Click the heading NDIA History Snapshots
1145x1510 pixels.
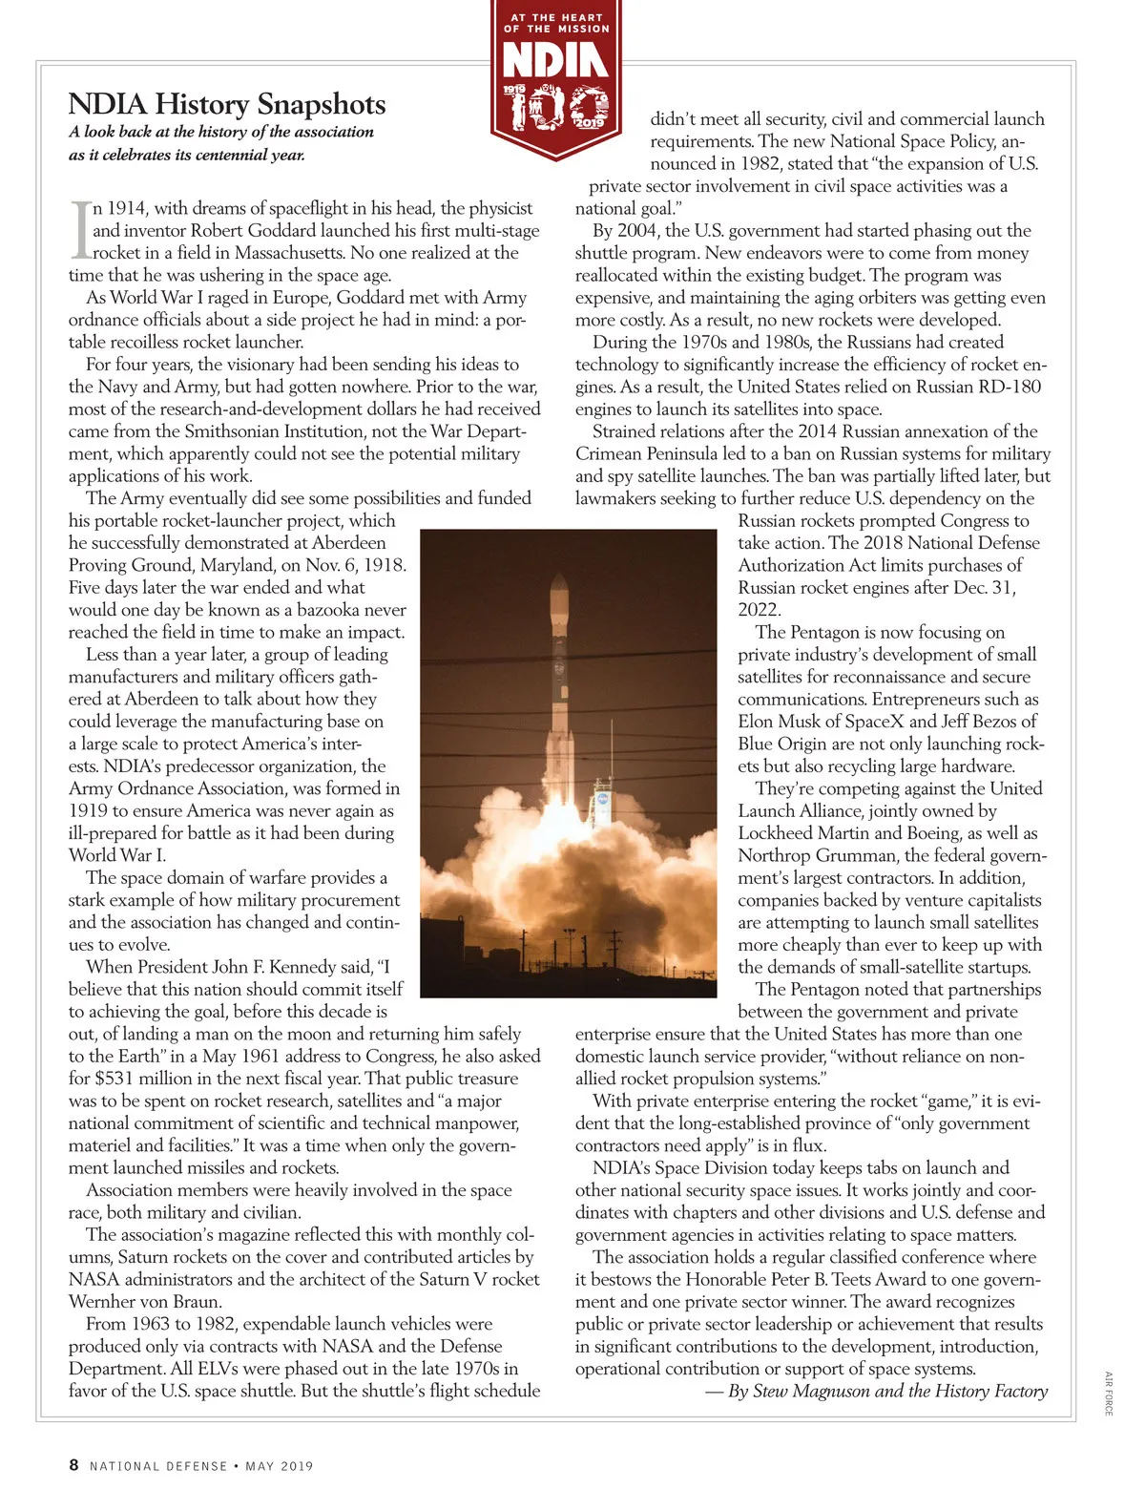point(227,103)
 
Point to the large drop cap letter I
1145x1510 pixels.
point(80,230)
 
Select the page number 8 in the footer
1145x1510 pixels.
point(73,1464)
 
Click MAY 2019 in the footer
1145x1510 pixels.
point(280,1466)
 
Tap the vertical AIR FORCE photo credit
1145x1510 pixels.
point(1109,1394)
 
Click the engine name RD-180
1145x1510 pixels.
point(1010,387)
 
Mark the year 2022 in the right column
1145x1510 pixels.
point(760,610)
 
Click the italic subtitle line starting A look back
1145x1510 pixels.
point(221,132)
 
